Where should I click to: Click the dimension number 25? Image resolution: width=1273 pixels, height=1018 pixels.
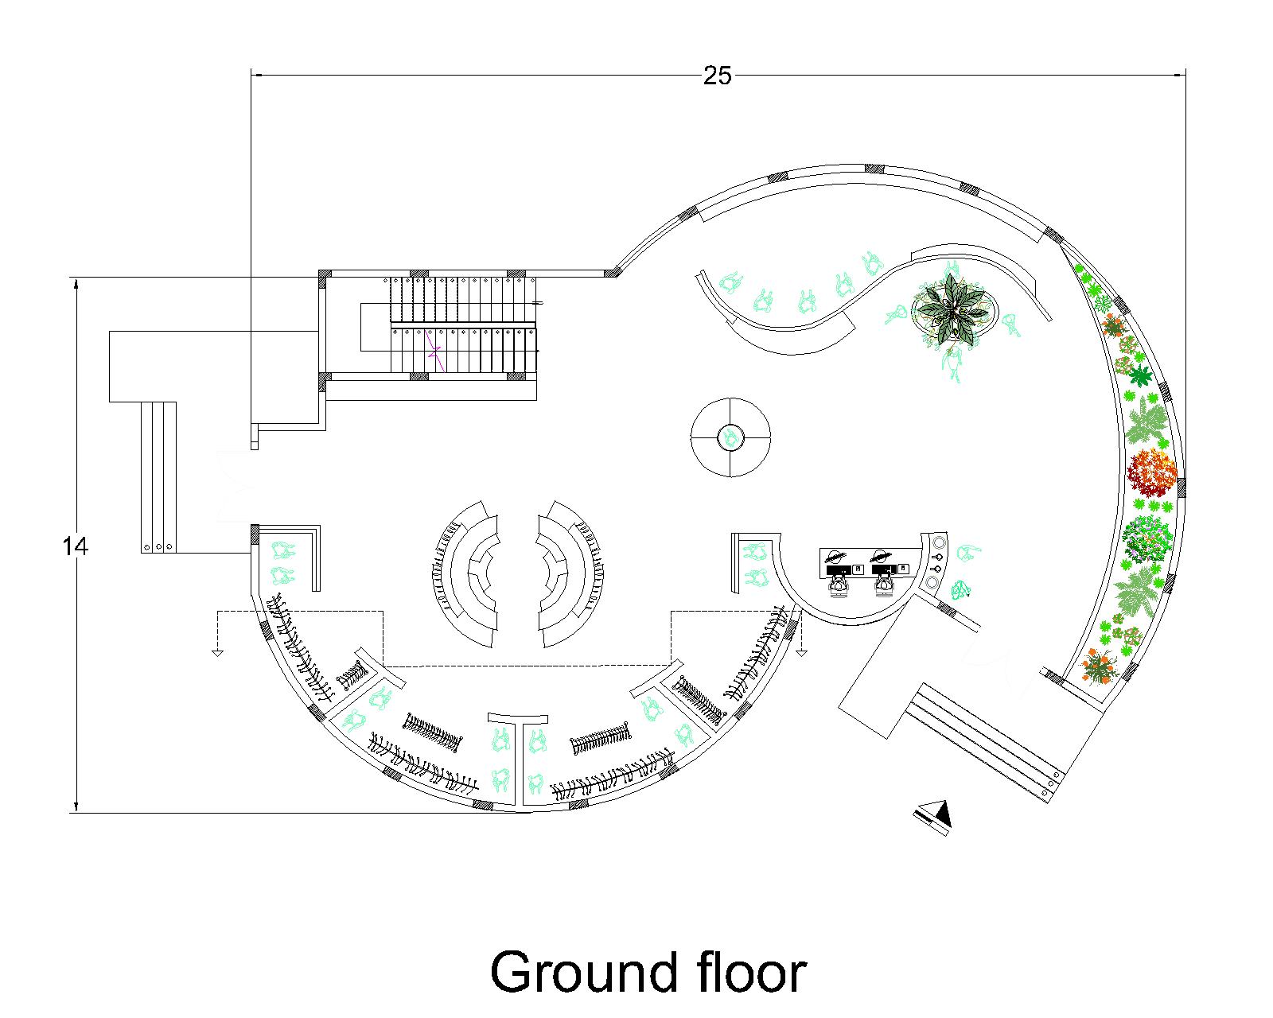pos(716,76)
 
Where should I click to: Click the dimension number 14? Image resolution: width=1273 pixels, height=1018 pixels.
pos(75,546)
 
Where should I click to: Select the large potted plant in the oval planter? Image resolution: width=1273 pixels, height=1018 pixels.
pos(954,309)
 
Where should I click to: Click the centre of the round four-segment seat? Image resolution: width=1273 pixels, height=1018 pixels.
pos(730,437)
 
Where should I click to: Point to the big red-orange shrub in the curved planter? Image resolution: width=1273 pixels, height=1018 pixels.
pos(1150,472)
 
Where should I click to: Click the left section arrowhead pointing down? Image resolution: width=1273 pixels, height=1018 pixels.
pos(218,653)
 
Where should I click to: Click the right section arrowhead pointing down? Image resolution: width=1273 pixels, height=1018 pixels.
pos(801,653)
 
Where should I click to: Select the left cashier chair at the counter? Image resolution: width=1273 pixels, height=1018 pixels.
pos(839,586)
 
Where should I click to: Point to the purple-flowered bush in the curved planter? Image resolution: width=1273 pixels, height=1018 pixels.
pos(1147,538)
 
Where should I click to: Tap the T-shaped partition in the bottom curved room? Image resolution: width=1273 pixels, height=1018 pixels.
pos(518,752)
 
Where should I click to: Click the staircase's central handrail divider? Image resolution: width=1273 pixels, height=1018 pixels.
pos(463,324)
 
